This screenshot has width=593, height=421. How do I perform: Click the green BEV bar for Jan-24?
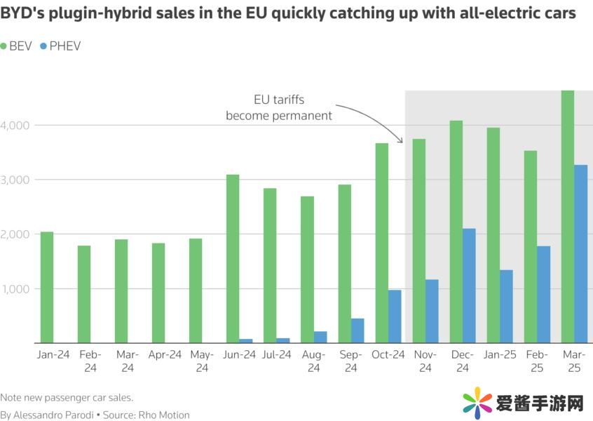coord(47,287)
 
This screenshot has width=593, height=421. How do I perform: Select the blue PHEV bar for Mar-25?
coord(581,254)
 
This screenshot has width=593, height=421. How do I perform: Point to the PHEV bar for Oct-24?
coord(395,316)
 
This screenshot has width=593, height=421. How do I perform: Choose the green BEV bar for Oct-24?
coord(381,243)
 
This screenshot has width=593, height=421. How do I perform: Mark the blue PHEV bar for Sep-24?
coord(357,330)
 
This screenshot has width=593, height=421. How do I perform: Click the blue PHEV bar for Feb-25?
coord(544,295)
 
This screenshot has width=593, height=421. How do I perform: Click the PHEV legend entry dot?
coord(43,46)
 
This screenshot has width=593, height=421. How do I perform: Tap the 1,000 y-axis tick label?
coord(16,288)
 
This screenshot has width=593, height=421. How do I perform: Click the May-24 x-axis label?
coord(203,361)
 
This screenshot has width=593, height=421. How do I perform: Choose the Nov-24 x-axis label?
coord(425,361)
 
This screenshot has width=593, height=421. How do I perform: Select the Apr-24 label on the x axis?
coord(165,355)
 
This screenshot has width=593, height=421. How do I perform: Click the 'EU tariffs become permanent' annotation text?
coord(279,107)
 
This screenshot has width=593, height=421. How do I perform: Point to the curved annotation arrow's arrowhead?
coord(402,141)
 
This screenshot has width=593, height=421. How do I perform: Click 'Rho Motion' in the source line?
coord(164,415)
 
